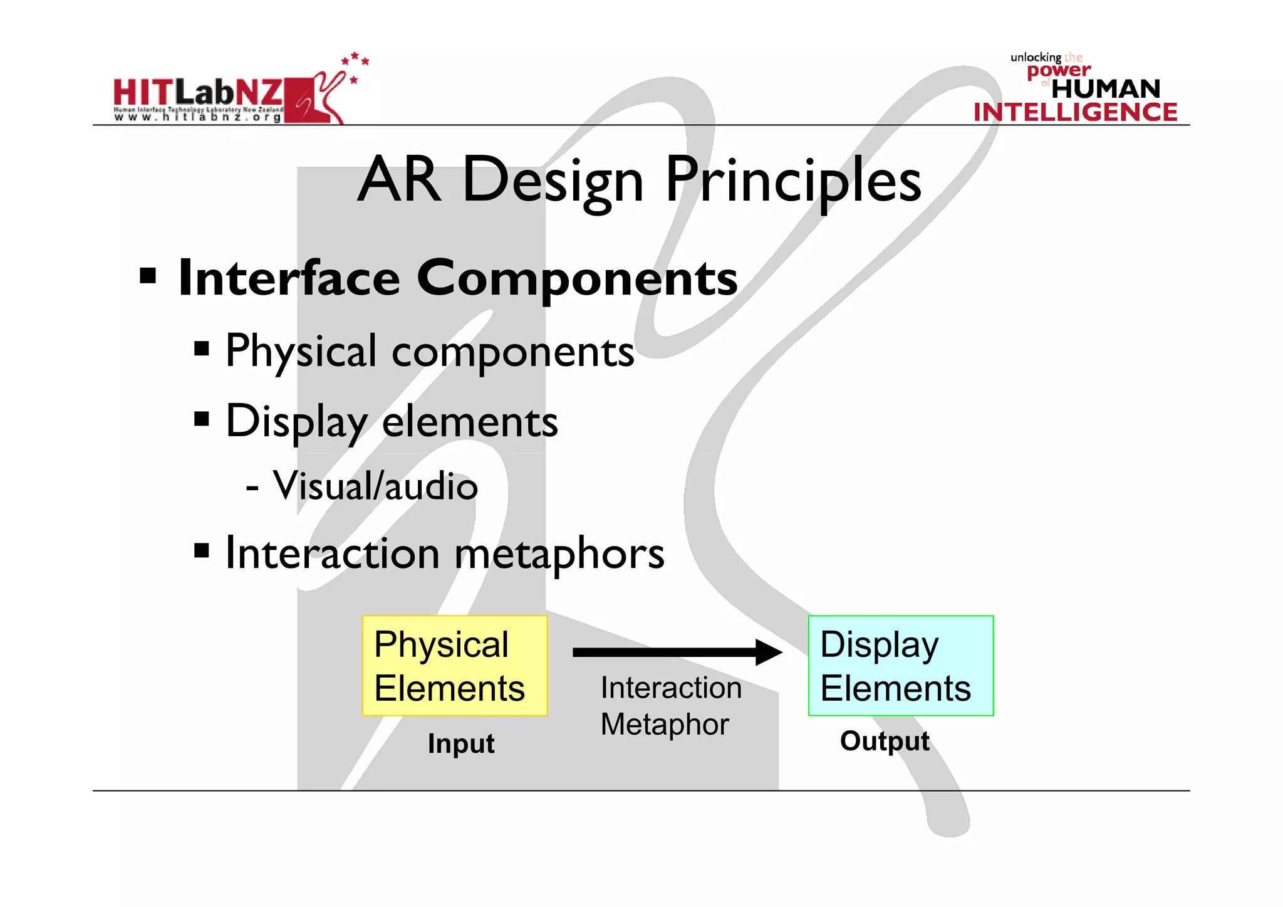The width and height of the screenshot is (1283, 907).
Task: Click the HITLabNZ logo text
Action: tap(198, 93)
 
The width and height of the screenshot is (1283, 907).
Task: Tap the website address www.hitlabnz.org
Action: tap(198, 117)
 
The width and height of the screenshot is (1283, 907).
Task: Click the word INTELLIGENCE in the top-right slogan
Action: tap(1075, 113)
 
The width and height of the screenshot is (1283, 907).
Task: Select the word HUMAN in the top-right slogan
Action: tap(1106, 89)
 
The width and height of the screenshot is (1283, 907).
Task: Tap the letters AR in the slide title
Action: tap(400, 180)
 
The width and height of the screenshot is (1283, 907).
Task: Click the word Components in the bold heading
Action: tap(577, 278)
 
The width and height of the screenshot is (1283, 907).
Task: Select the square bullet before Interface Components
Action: tap(148, 276)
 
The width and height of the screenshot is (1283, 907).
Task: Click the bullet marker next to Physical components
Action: tap(201, 349)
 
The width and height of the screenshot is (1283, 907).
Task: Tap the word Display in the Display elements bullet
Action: tap(295, 421)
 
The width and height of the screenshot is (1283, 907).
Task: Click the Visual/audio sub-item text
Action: tap(375, 486)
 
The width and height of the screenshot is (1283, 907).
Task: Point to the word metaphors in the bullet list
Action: tap(559, 554)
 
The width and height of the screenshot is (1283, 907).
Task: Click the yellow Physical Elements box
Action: tap(455, 666)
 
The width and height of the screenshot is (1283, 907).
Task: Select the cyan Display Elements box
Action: tap(900, 666)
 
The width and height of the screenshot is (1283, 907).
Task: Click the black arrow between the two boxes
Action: tap(677, 653)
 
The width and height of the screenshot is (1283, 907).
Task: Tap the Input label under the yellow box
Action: tap(461, 744)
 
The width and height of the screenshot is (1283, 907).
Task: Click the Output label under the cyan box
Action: tap(885, 742)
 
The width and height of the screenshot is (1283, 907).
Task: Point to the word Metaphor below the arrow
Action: tap(665, 725)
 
